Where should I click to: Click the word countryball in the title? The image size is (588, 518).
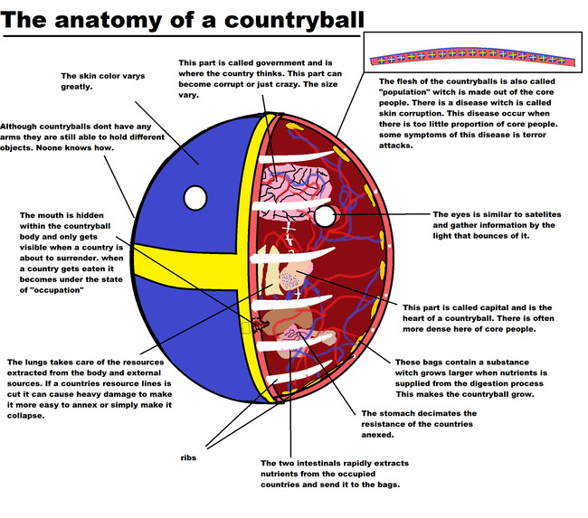click(294, 21)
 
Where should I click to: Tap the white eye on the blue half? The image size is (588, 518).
click(195, 198)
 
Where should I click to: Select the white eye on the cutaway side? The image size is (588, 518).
click(325, 216)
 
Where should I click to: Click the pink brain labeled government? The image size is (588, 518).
click(296, 191)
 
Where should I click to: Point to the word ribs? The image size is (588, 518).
click(188, 457)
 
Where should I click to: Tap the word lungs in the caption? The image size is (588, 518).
click(34, 363)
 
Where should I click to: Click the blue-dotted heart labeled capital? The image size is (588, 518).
click(291, 278)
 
